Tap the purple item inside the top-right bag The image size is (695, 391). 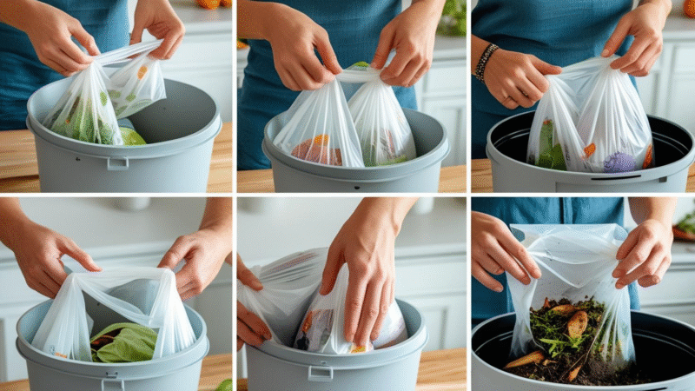tap(619, 162)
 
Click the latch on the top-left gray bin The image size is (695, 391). tap(117, 162)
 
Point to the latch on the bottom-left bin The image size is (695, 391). tap(113, 383)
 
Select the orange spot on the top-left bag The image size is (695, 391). tap(142, 71)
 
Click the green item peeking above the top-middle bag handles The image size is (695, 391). tap(360, 65)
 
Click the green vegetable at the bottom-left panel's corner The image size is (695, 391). tap(223, 384)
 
